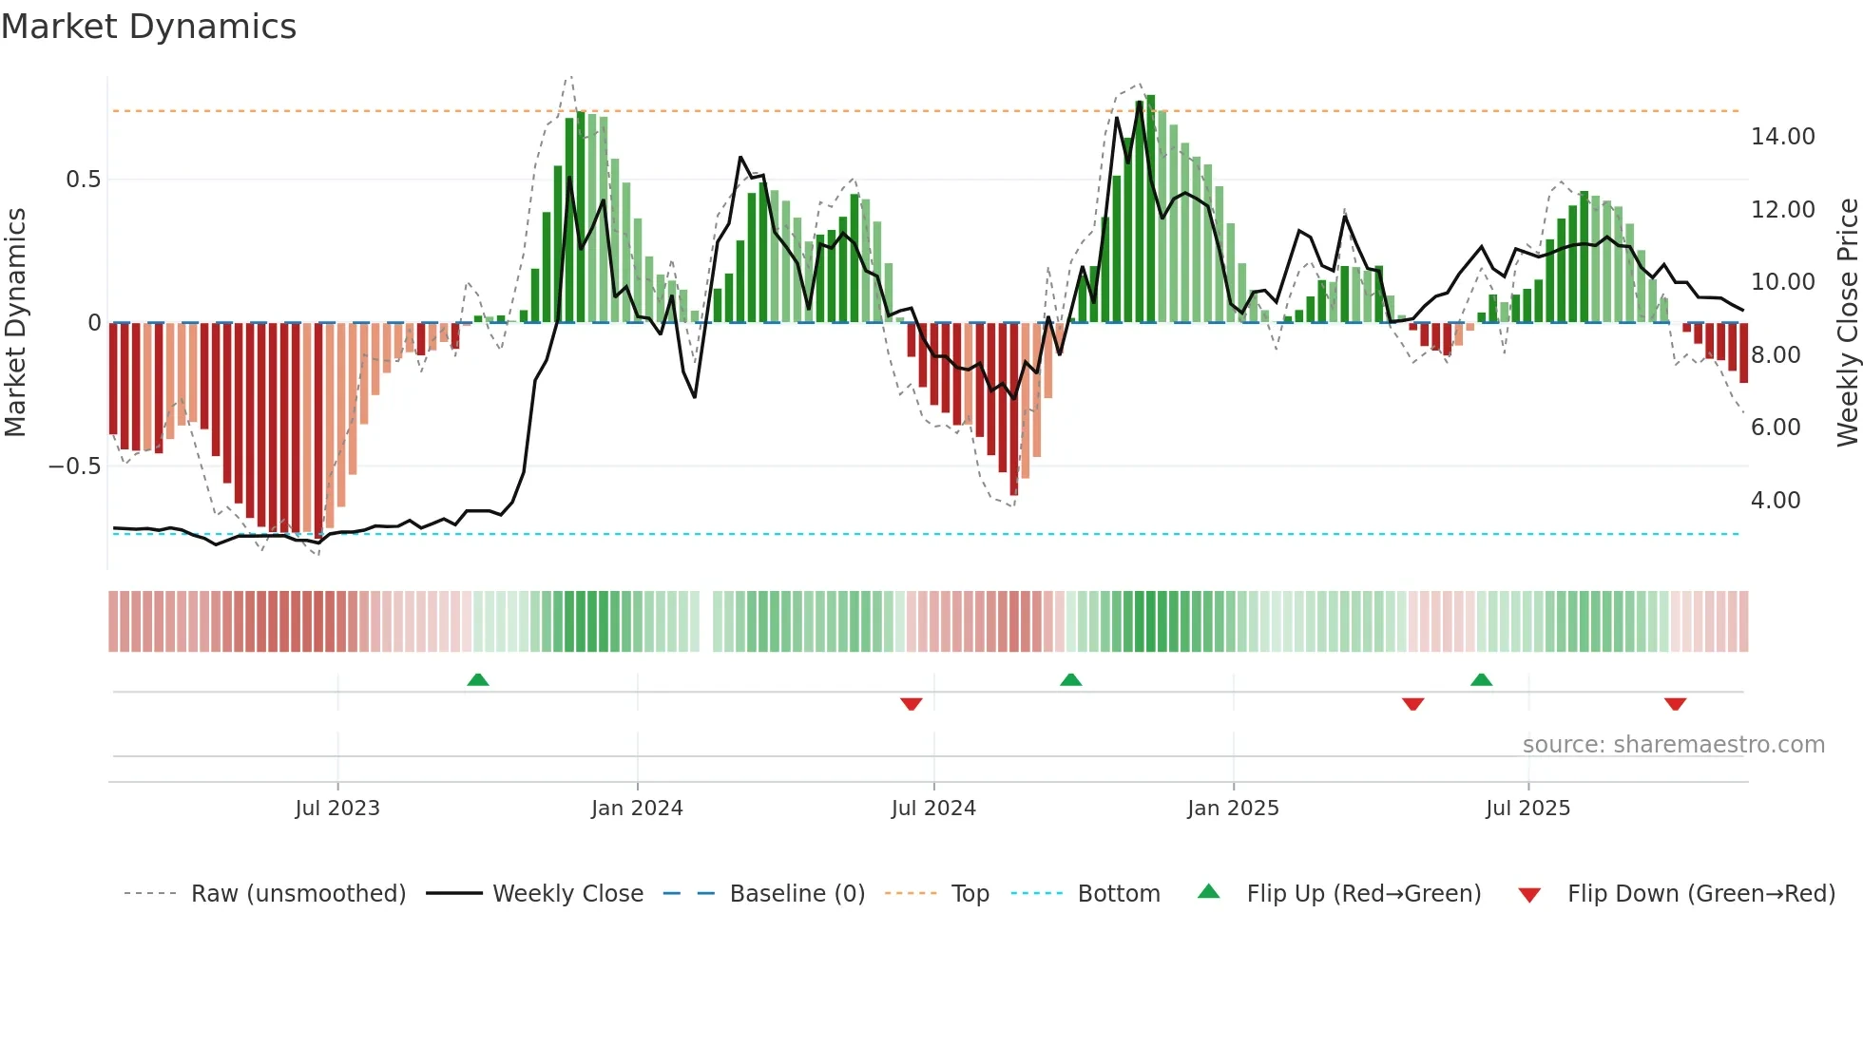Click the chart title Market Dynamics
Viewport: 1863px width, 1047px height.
tap(148, 27)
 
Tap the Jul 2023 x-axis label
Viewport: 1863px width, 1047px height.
tap(336, 808)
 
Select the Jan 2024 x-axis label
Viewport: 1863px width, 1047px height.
tap(637, 808)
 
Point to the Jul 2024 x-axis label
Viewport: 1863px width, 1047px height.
tap(933, 808)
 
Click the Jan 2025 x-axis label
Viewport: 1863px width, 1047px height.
tap(1233, 808)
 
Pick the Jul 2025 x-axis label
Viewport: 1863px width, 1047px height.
tap(1527, 808)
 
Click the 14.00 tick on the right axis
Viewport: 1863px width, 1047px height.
tap(1782, 137)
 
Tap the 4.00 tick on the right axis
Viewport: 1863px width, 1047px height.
tap(1775, 501)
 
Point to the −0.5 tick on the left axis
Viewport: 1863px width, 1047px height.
tap(74, 466)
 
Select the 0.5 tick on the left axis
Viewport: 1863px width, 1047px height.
tap(83, 180)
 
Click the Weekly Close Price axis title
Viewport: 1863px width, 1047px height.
tap(1847, 322)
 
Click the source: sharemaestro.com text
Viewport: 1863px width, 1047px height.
tap(1673, 744)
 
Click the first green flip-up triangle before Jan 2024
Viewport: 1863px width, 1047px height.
tap(478, 680)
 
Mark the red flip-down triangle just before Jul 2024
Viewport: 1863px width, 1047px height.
tap(911, 704)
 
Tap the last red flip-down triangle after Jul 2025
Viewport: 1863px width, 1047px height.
tap(1675, 704)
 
